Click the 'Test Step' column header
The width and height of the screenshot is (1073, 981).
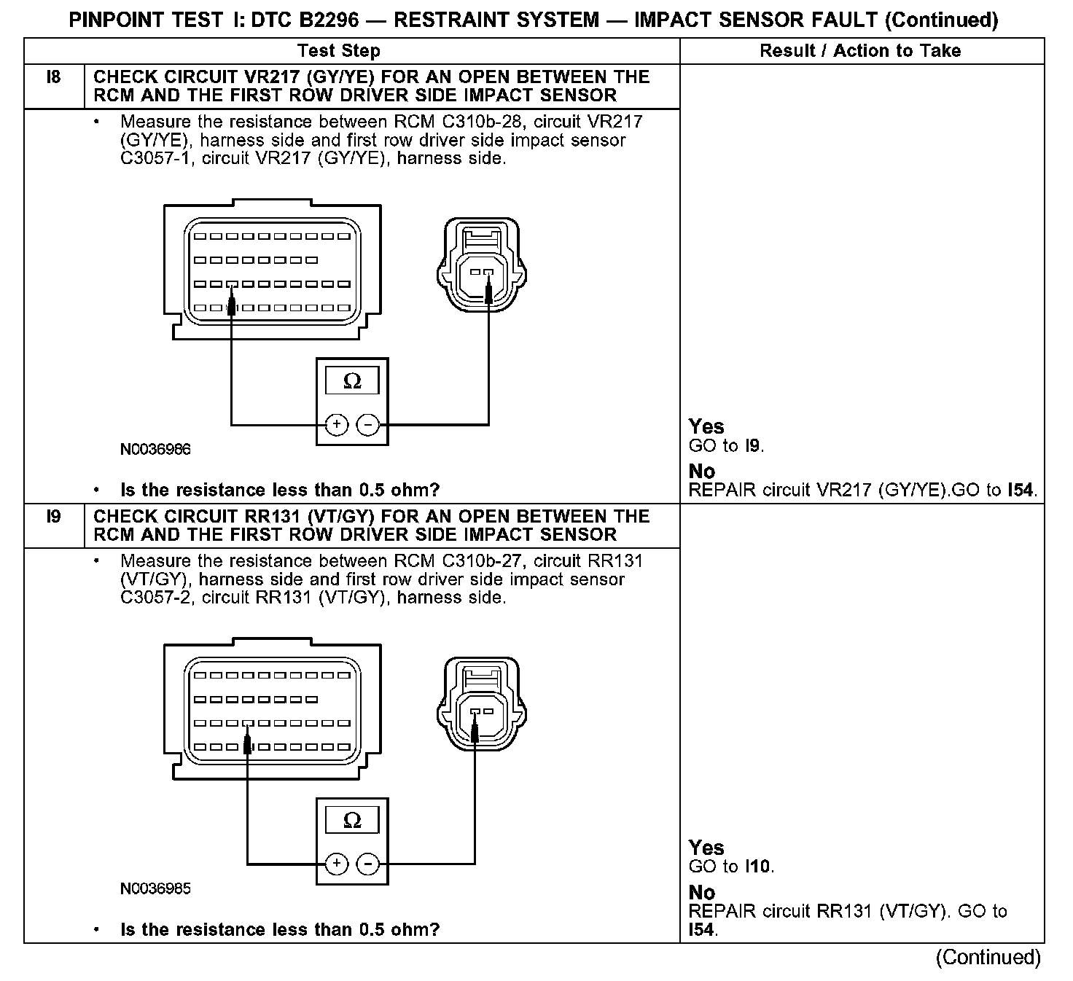pyautogui.click(x=339, y=51)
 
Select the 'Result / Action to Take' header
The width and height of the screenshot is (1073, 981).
pyautogui.click(x=860, y=51)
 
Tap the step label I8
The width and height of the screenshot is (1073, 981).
pyautogui.click(x=54, y=77)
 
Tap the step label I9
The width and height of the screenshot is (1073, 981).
pyautogui.click(x=54, y=517)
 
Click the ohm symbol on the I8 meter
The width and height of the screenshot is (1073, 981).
pyautogui.click(x=352, y=381)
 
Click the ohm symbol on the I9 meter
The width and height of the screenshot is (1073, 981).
pyautogui.click(x=352, y=821)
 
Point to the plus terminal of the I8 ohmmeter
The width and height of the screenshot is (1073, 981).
pyautogui.click(x=336, y=424)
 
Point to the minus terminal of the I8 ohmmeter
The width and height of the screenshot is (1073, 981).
pyautogui.click(x=369, y=424)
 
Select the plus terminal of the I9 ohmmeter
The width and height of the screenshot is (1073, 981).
pyautogui.click(x=336, y=864)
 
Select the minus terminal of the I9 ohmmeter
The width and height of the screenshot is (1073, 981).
pyautogui.click(x=369, y=864)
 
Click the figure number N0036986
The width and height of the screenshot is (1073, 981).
pyautogui.click(x=155, y=450)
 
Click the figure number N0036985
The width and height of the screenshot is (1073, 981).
pyautogui.click(x=155, y=889)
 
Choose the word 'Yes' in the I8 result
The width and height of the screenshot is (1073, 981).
pyautogui.click(x=706, y=426)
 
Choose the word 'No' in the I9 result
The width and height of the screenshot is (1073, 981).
pyautogui.click(x=702, y=892)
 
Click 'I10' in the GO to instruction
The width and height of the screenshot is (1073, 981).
pyautogui.click(x=758, y=867)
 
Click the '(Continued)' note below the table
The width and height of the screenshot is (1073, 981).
pyautogui.click(x=988, y=957)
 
